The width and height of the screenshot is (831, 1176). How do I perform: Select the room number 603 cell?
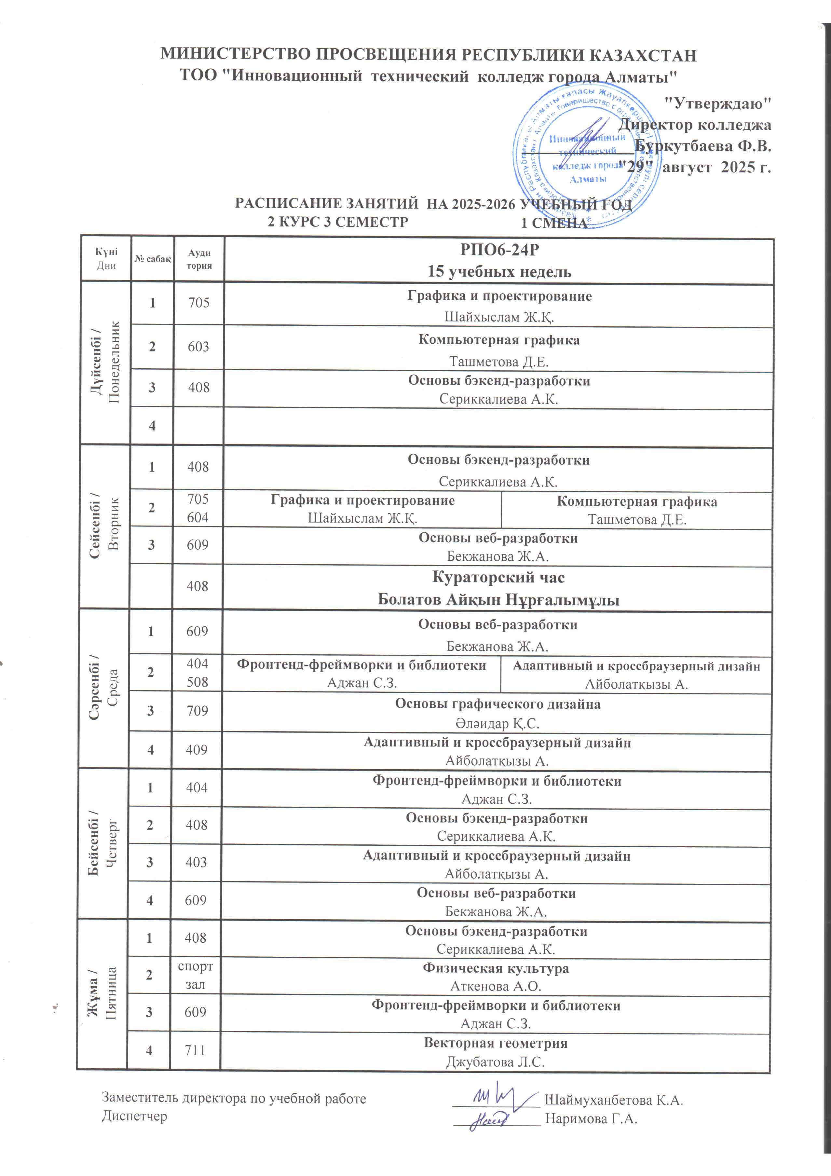pyautogui.click(x=198, y=347)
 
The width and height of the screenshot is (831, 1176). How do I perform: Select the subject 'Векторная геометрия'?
pyautogui.click(x=495, y=1043)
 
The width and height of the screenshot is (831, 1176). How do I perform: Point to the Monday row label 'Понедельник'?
pyautogui.click(x=114, y=362)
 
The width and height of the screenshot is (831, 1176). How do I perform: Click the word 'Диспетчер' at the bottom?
pyautogui.click(x=134, y=1116)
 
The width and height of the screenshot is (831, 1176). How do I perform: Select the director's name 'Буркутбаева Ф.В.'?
pyautogui.click(x=702, y=146)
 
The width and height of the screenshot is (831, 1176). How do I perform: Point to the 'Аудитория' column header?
pyautogui.click(x=199, y=259)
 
